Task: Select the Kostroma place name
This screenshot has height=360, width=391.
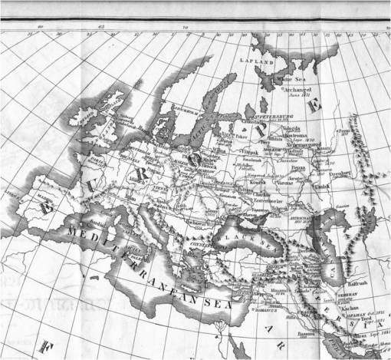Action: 300,135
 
